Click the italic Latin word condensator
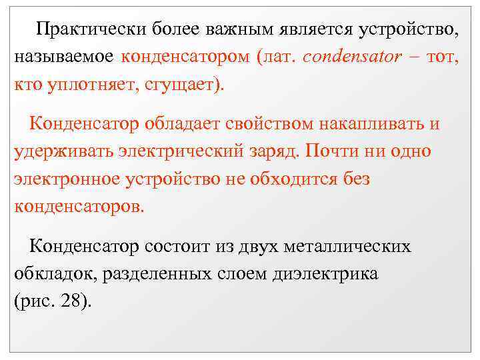point(351,58)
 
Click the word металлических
point(347,247)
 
